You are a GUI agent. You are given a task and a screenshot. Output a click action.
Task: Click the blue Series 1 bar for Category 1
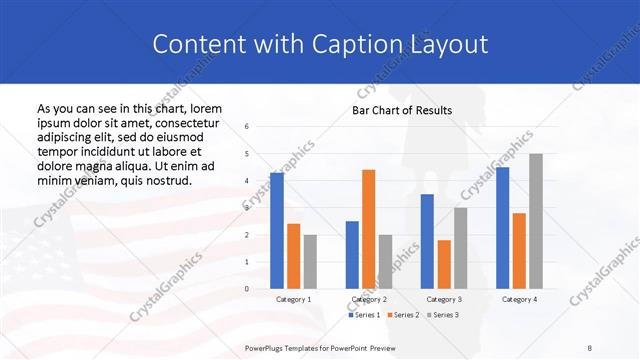[277, 231]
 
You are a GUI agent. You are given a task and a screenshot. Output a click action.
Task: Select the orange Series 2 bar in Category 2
[368, 229]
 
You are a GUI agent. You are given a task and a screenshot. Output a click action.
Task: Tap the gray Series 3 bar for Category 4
[536, 221]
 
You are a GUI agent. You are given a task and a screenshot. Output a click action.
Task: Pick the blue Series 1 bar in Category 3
[427, 241]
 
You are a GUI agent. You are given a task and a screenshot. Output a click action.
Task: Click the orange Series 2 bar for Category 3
[444, 264]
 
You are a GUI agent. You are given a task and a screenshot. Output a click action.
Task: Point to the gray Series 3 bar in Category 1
[310, 262]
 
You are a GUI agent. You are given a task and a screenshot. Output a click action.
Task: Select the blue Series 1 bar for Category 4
[502, 228]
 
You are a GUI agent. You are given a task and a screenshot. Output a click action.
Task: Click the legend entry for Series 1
[365, 315]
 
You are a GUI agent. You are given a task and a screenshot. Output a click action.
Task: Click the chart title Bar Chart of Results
[402, 110]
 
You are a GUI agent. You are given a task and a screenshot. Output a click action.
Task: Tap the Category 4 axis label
[519, 299]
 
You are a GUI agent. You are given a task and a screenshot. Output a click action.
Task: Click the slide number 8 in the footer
[590, 348]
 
